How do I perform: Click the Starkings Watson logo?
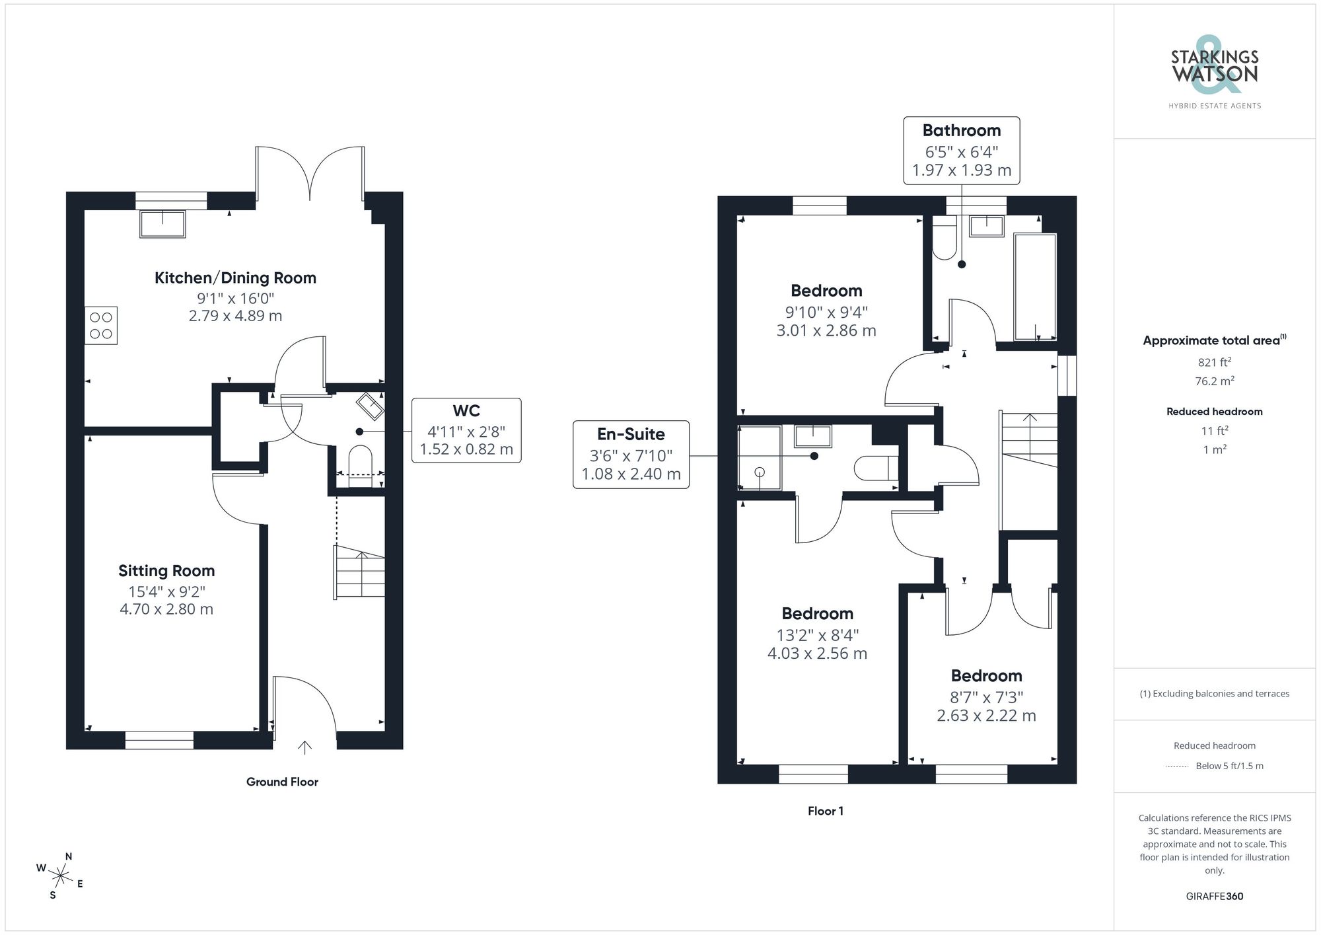(x=1214, y=69)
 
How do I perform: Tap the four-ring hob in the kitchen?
(x=101, y=325)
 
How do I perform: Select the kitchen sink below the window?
(x=162, y=223)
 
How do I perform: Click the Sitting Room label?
(x=166, y=571)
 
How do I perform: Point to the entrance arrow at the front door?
(x=304, y=747)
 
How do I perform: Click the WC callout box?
(x=466, y=430)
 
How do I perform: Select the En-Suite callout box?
(x=631, y=455)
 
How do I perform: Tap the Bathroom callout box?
(x=961, y=150)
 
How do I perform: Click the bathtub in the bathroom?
(x=1034, y=286)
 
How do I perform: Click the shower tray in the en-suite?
(x=760, y=458)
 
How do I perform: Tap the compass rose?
(x=61, y=877)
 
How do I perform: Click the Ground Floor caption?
(x=282, y=782)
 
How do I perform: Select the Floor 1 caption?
(x=825, y=811)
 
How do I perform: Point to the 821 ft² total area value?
(x=1214, y=362)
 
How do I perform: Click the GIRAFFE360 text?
(x=1214, y=896)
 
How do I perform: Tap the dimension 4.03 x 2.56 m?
(x=817, y=654)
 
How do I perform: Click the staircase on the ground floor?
(x=360, y=572)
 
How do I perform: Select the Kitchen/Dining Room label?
(x=235, y=278)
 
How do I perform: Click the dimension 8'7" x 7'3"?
(x=986, y=697)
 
